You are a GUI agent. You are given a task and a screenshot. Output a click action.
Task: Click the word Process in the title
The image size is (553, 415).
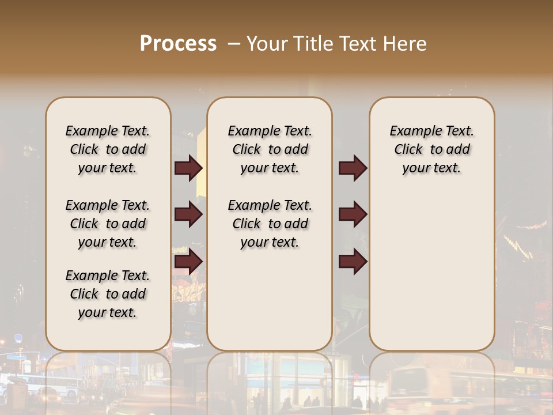click(178, 44)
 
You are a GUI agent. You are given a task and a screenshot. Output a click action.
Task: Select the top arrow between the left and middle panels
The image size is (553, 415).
click(188, 168)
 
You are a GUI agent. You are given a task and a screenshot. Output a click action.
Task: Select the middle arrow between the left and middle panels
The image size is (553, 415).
click(188, 215)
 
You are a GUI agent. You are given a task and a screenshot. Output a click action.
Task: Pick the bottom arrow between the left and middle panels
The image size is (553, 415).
click(188, 262)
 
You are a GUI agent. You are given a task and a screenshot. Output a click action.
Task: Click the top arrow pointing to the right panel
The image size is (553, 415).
click(353, 168)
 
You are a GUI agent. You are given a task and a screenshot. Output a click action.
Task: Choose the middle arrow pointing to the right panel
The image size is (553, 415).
click(353, 215)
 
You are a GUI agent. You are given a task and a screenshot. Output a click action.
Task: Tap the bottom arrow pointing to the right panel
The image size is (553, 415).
click(353, 262)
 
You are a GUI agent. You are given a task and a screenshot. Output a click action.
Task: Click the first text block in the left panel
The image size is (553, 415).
click(108, 149)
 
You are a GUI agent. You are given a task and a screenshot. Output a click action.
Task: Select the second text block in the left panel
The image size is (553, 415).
click(108, 224)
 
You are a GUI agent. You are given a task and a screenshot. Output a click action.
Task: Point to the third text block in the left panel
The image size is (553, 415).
click(108, 294)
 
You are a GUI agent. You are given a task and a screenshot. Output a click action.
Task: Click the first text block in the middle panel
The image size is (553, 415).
click(270, 149)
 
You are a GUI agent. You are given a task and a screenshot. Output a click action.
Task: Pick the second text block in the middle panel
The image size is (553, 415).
click(270, 224)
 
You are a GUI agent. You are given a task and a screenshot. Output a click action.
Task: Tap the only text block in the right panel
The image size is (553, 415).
click(431, 149)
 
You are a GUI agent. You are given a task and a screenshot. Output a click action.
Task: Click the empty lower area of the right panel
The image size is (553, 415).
click(431, 271)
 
